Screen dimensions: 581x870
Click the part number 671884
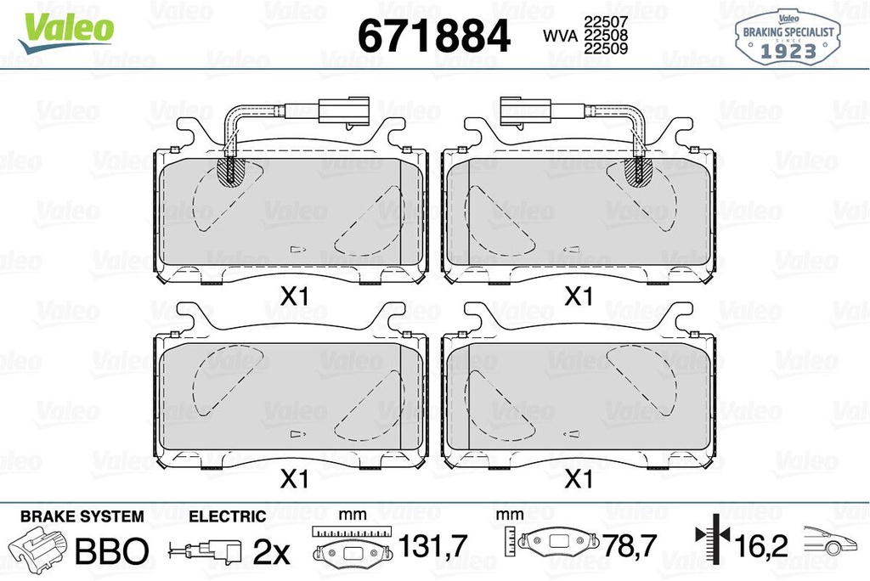(x=434, y=36)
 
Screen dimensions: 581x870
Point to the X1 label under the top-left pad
(x=293, y=297)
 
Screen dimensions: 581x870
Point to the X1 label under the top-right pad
(x=579, y=297)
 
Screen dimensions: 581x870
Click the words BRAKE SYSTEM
(x=82, y=516)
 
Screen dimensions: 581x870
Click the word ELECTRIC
(x=227, y=516)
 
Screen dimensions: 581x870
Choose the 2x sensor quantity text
(x=272, y=552)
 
